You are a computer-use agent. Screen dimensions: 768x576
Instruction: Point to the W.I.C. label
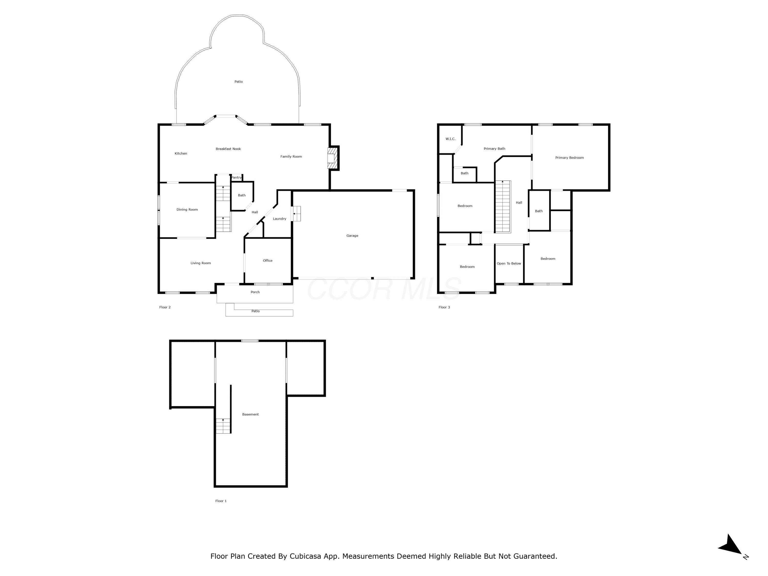[450, 139]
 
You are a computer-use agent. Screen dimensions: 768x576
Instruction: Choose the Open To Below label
[509, 263]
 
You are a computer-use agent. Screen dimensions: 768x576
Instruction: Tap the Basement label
[250, 414]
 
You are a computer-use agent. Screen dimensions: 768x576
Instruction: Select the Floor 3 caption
[444, 307]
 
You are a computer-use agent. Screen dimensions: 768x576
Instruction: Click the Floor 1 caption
[221, 501]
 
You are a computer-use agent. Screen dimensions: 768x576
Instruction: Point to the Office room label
[268, 260]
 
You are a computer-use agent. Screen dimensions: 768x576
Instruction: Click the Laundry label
[280, 219]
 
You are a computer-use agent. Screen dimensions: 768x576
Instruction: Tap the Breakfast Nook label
[228, 149]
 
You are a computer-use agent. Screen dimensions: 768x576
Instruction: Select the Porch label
[255, 292]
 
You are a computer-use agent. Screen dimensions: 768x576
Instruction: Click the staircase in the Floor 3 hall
[503, 207]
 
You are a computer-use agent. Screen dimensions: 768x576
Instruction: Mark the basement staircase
[223, 426]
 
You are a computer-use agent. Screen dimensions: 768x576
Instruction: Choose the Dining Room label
[187, 209]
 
